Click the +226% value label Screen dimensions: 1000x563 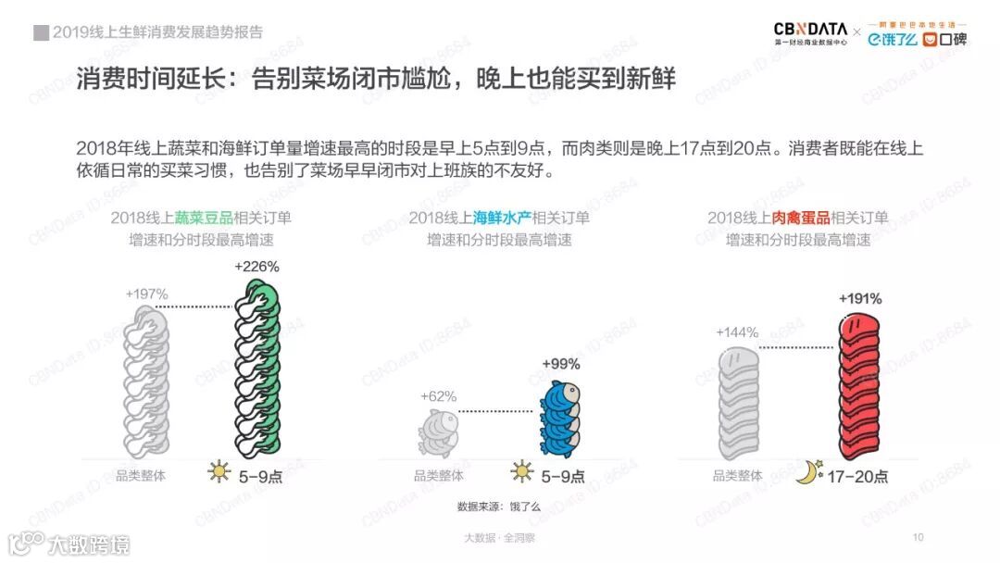256,266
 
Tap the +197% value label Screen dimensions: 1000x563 146,294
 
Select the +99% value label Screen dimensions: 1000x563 560,363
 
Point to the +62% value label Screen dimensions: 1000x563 438,396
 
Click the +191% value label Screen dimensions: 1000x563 860,299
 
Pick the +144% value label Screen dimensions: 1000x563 737,332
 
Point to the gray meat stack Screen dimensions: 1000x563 739,403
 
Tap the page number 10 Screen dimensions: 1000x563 919,537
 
